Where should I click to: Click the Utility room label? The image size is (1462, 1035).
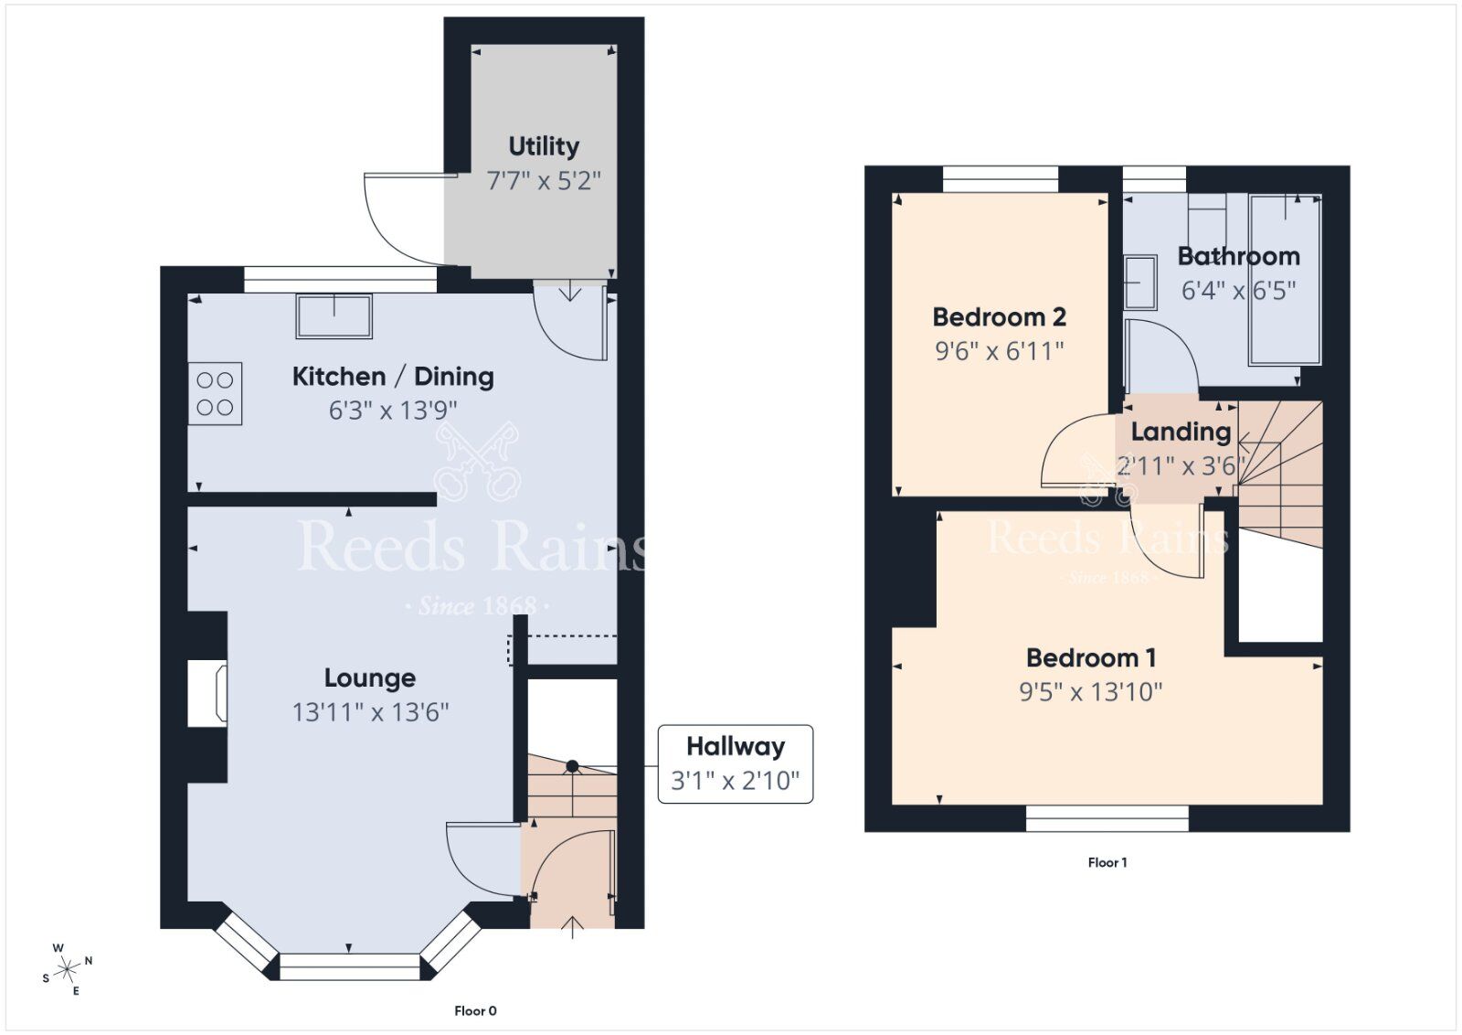click(544, 146)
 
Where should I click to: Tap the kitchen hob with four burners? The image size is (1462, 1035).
click(216, 394)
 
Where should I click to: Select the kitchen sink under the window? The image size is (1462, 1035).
click(334, 315)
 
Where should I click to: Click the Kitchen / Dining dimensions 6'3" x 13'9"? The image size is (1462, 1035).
click(393, 411)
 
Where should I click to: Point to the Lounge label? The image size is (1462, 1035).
click(370, 678)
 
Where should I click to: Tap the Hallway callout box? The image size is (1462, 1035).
click(736, 763)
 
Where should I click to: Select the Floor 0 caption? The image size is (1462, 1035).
click(475, 1010)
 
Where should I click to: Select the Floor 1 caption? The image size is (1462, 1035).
click(1107, 862)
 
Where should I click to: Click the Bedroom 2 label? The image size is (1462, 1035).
click(999, 317)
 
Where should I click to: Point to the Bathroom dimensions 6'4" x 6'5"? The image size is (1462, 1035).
click(1238, 291)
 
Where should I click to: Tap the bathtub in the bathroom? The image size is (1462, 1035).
click(1285, 279)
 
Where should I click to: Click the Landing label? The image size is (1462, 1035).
click(1181, 432)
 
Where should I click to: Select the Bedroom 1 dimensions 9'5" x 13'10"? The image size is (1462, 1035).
click(1090, 692)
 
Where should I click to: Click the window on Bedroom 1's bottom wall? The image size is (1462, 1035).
click(1107, 818)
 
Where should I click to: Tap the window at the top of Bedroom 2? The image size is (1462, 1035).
click(1001, 178)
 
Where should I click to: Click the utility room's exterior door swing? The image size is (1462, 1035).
click(402, 219)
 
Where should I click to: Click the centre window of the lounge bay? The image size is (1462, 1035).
click(350, 966)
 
